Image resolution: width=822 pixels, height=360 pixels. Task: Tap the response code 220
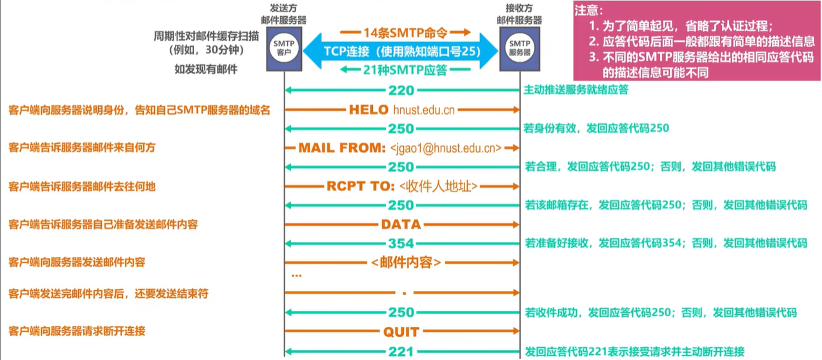point(401,90)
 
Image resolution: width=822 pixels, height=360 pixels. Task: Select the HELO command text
point(369,110)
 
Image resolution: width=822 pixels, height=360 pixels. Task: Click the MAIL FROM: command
point(342,148)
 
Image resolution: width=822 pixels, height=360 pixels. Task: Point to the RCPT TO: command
point(361,186)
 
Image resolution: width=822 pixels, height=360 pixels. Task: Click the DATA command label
point(401,225)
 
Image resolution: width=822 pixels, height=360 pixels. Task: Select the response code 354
point(401,244)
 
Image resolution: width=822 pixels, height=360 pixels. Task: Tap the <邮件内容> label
point(406,263)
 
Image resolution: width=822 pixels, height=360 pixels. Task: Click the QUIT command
point(401,332)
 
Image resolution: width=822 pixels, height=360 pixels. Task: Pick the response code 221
point(401,352)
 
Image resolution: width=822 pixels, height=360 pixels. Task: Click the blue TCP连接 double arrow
point(401,50)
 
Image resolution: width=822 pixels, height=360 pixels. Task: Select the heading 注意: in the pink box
point(589,11)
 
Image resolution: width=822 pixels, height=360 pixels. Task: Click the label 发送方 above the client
point(285,10)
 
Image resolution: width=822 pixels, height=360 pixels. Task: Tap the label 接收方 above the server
point(520,10)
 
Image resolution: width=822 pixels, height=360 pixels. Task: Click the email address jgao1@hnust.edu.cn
point(446,148)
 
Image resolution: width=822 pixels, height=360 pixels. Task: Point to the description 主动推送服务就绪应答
point(577,90)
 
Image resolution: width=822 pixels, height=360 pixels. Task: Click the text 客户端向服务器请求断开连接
point(77,332)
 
